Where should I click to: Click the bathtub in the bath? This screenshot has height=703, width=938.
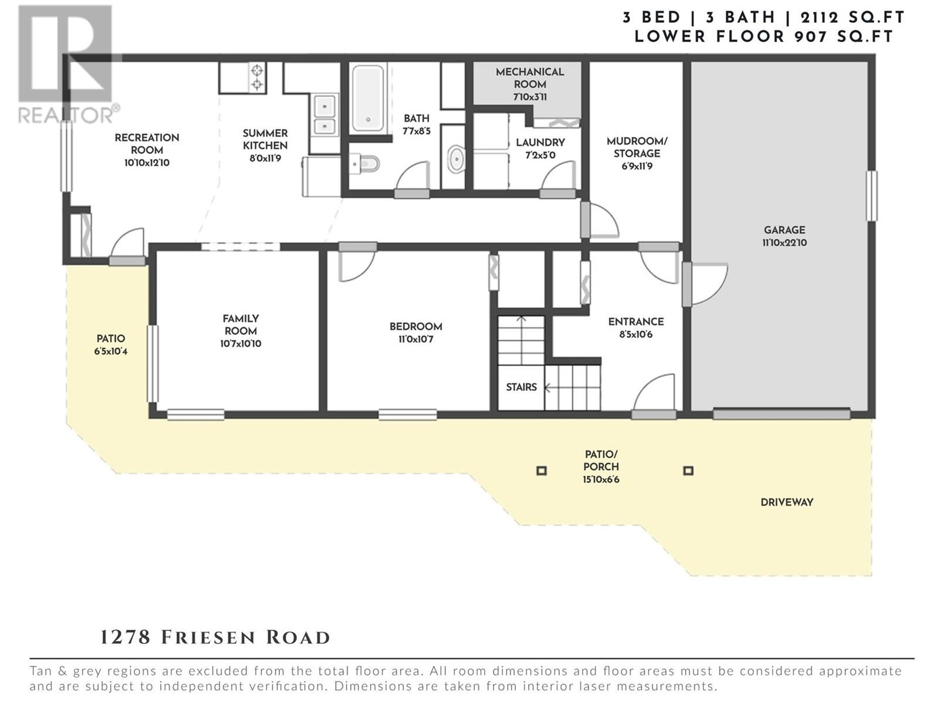pyautogui.click(x=368, y=98)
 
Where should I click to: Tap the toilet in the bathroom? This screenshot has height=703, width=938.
pyautogui.click(x=365, y=163)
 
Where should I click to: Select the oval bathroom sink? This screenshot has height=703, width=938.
pyautogui.click(x=456, y=159)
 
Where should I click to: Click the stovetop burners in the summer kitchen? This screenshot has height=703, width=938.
pyautogui.click(x=257, y=77)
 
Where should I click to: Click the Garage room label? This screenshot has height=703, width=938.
pyautogui.click(x=784, y=237)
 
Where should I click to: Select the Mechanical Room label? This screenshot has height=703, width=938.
pyautogui.click(x=530, y=84)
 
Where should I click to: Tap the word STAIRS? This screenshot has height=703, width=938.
pyautogui.click(x=521, y=387)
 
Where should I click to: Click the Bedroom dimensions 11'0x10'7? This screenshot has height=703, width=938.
pyautogui.click(x=416, y=340)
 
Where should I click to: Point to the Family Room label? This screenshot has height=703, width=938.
pyautogui.click(x=240, y=331)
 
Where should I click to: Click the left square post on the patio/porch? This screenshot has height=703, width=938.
pyautogui.click(x=542, y=470)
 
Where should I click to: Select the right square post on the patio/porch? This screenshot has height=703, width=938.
pyautogui.click(x=688, y=470)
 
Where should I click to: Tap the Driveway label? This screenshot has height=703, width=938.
pyautogui.click(x=787, y=503)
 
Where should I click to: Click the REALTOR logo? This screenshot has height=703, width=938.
pyautogui.click(x=66, y=64)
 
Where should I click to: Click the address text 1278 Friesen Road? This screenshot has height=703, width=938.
pyautogui.click(x=215, y=637)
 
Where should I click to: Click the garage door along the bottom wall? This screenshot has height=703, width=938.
pyautogui.click(x=781, y=413)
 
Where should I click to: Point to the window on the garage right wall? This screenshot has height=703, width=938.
pyautogui.click(x=871, y=196)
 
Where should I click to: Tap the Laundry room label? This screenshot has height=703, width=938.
pyautogui.click(x=540, y=149)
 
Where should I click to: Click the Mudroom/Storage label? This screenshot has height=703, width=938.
pyautogui.click(x=637, y=153)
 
